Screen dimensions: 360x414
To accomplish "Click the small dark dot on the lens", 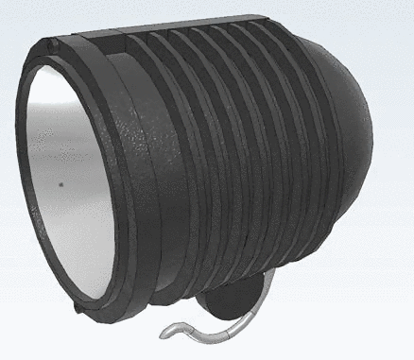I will point(60,185).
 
